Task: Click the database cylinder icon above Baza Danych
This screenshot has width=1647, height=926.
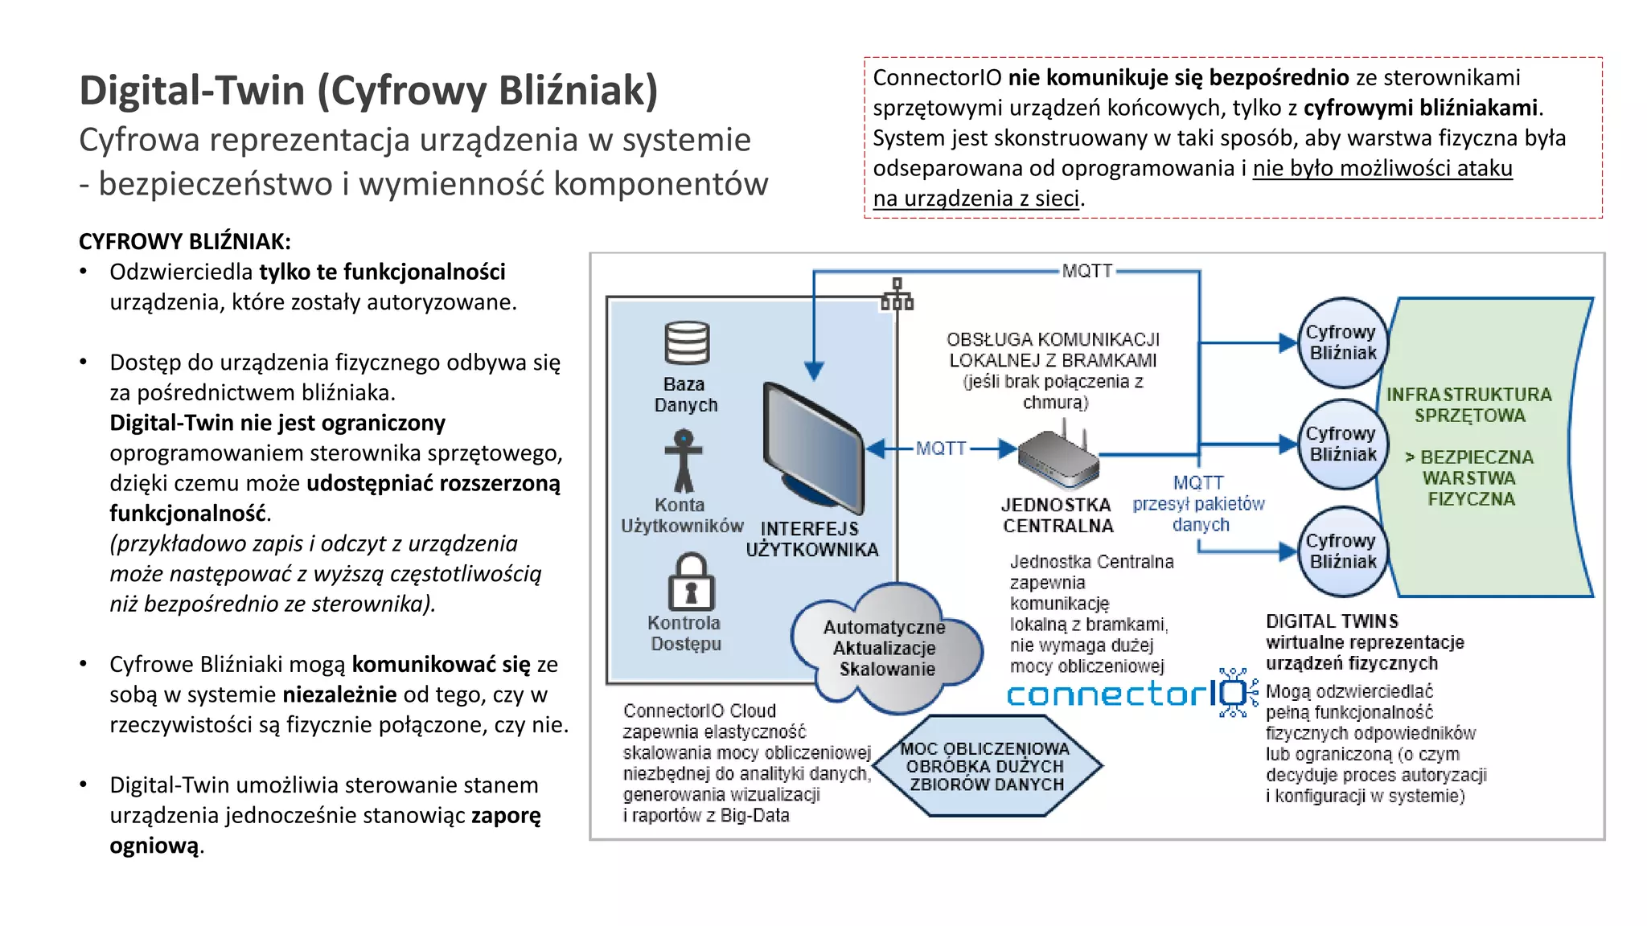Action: [686, 343]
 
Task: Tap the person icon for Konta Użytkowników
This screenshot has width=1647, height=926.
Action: [684, 461]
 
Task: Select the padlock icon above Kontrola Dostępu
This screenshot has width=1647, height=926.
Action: [691, 582]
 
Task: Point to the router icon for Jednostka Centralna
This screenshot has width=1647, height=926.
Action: [1057, 461]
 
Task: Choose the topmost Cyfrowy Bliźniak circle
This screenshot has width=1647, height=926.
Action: [1341, 342]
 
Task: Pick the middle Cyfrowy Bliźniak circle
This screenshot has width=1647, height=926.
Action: [1341, 444]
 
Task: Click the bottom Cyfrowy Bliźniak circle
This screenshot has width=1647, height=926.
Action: [1341, 551]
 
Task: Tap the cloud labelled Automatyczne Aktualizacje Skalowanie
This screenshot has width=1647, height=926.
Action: [885, 649]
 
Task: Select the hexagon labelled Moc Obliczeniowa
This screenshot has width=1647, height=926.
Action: [986, 766]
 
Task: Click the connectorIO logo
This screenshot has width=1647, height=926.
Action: [1130, 693]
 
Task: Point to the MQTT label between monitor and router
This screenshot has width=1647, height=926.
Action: [940, 449]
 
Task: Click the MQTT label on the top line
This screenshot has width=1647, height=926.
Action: [1086, 271]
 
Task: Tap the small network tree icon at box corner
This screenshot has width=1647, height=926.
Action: [897, 294]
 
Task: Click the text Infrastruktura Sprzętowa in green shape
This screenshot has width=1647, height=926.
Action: [1468, 405]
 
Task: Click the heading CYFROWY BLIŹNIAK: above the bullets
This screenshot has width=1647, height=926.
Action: [185, 241]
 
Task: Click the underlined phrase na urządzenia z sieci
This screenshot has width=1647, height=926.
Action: [975, 198]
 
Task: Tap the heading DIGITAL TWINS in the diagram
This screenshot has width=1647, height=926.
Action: [1332, 621]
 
